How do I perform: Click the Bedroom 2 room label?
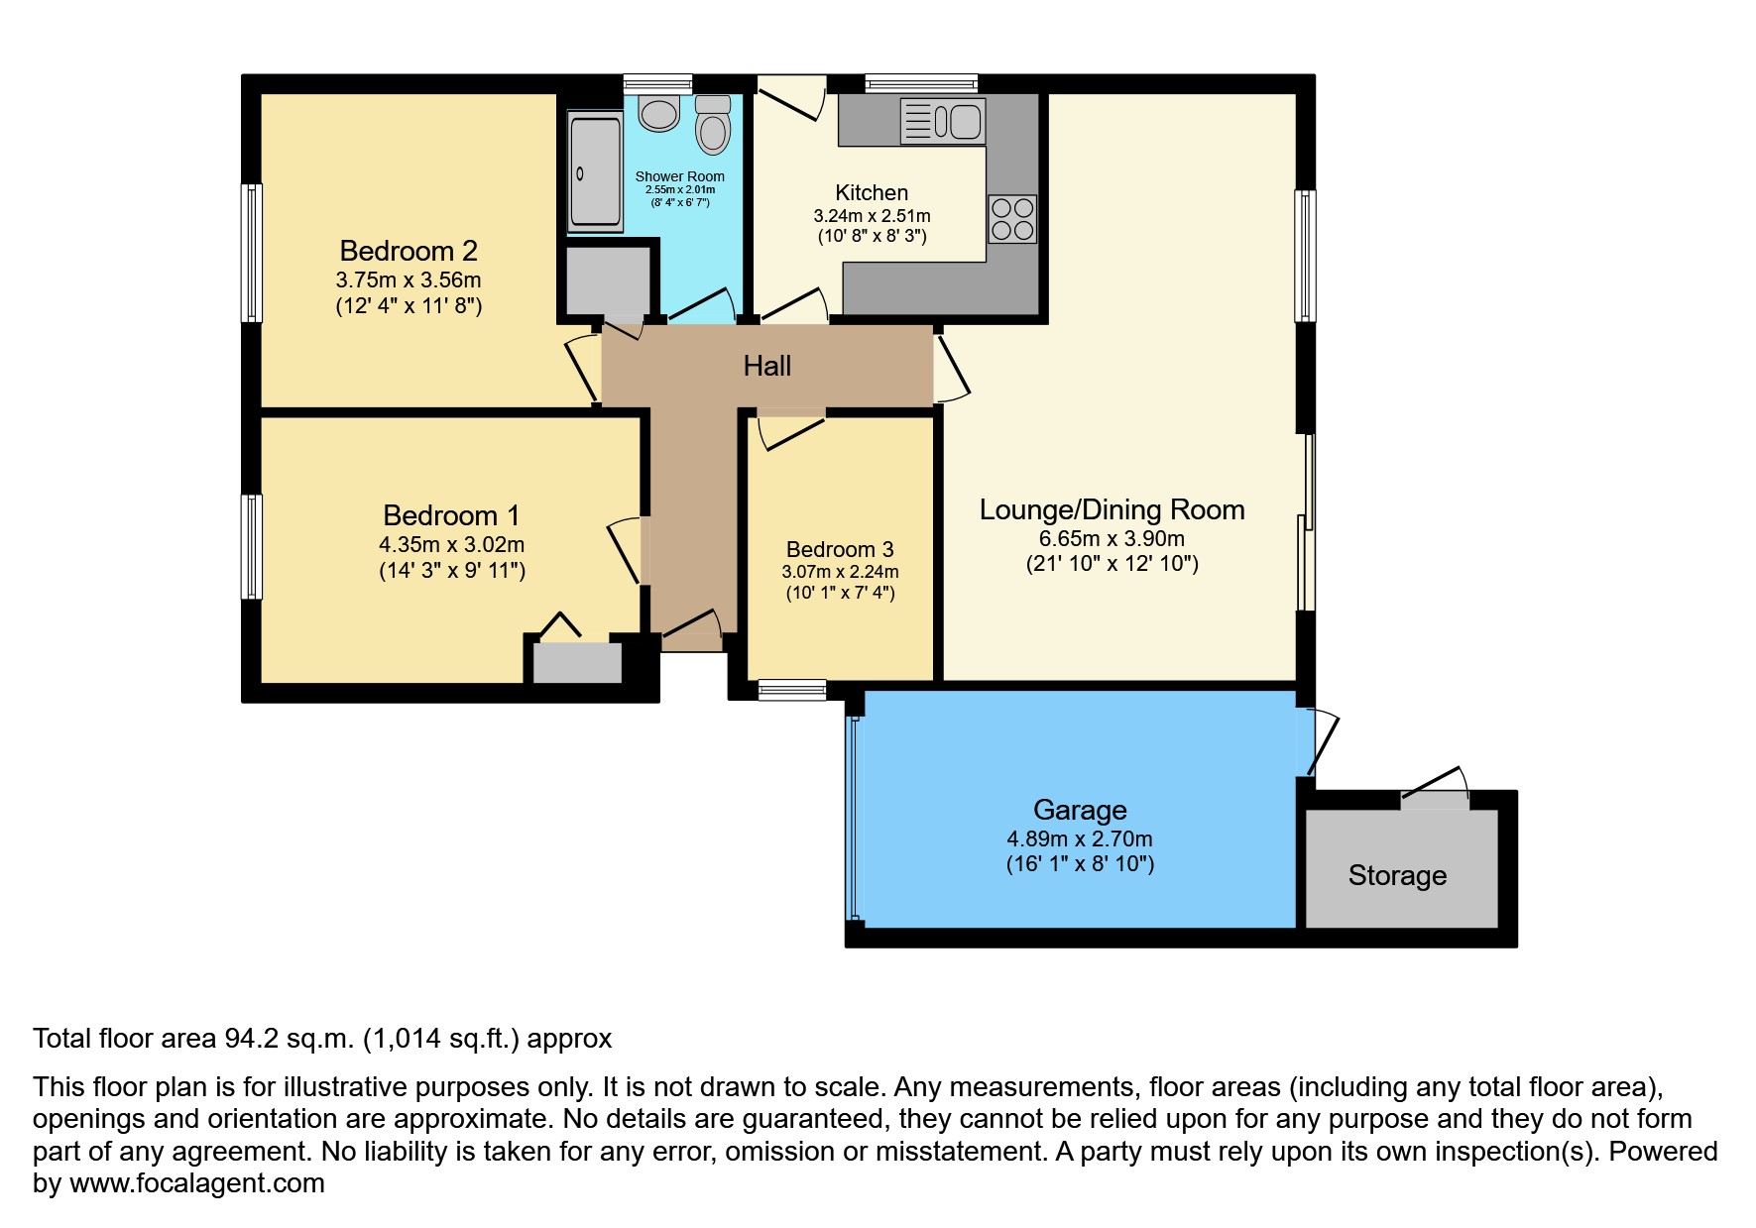(409, 251)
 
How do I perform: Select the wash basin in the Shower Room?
(659, 113)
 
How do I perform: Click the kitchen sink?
(943, 121)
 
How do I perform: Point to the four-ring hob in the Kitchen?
(1012, 219)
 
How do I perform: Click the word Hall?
(767, 366)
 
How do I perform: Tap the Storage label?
(1397, 875)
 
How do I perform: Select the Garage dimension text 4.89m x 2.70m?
(1080, 838)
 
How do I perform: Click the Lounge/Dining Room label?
(1112, 509)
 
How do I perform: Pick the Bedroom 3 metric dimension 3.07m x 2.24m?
(840, 572)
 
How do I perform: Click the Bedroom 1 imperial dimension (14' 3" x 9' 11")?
(452, 571)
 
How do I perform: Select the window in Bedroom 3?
(792, 690)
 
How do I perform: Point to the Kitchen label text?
(872, 192)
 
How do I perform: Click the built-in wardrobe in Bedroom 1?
(577, 662)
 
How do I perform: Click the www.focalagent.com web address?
(197, 1183)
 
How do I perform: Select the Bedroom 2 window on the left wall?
(253, 253)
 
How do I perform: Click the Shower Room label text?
(680, 176)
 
